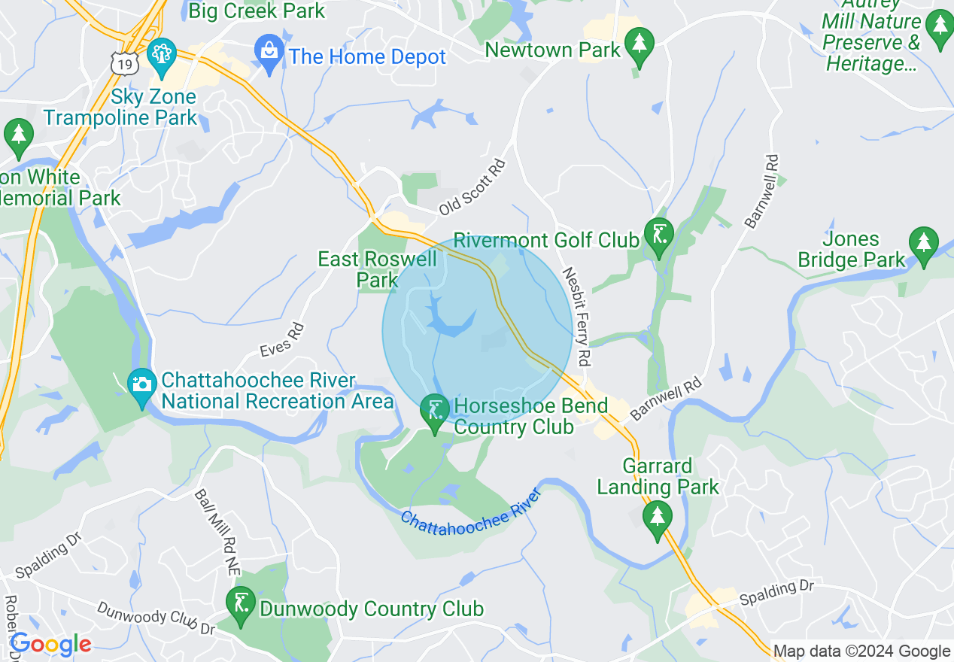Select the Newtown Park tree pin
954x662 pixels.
(x=640, y=44)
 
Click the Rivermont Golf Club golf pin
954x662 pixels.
(x=659, y=235)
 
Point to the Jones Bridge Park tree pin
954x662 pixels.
(x=923, y=242)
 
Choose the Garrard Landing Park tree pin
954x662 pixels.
(x=658, y=518)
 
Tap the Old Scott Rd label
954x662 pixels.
(x=472, y=186)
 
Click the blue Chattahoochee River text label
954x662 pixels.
(x=471, y=520)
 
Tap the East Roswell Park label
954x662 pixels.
(x=377, y=269)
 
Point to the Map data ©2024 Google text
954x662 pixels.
(x=861, y=651)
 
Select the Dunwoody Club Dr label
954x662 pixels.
(x=156, y=618)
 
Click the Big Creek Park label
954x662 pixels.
(x=257, y=11)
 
